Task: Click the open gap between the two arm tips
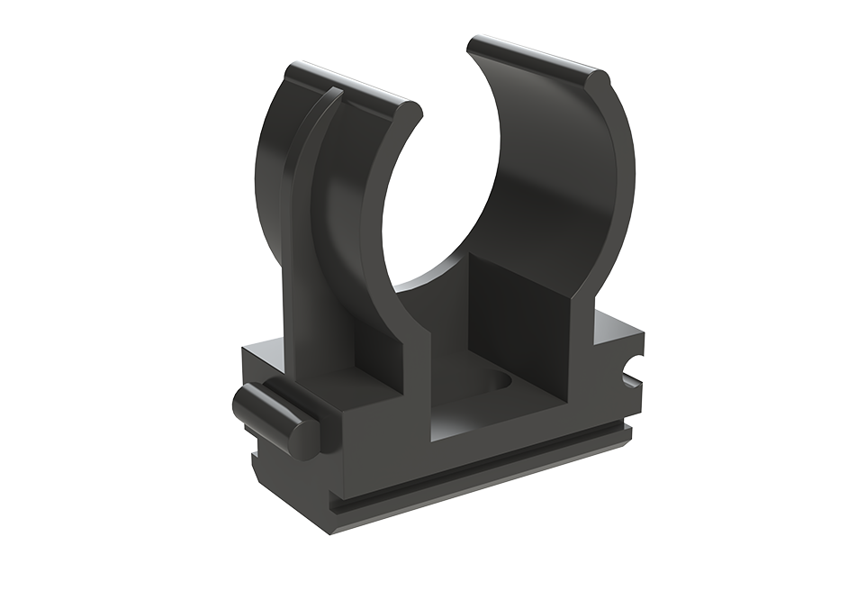tap(446, 81)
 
